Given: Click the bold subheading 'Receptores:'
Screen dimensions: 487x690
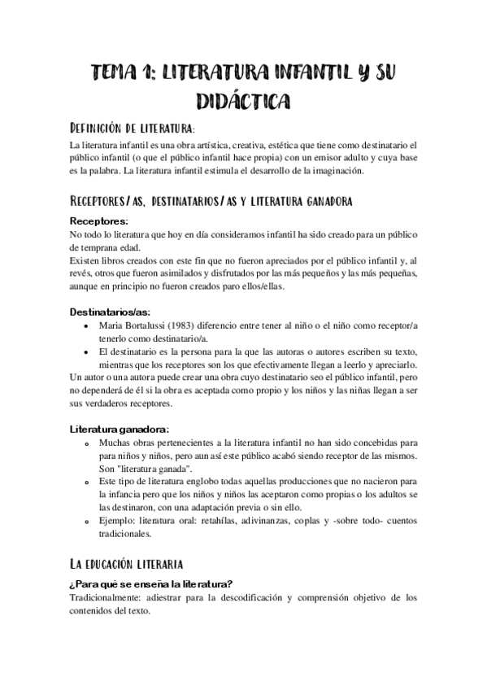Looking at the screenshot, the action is pyautogui.click(x=99, y=221).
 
